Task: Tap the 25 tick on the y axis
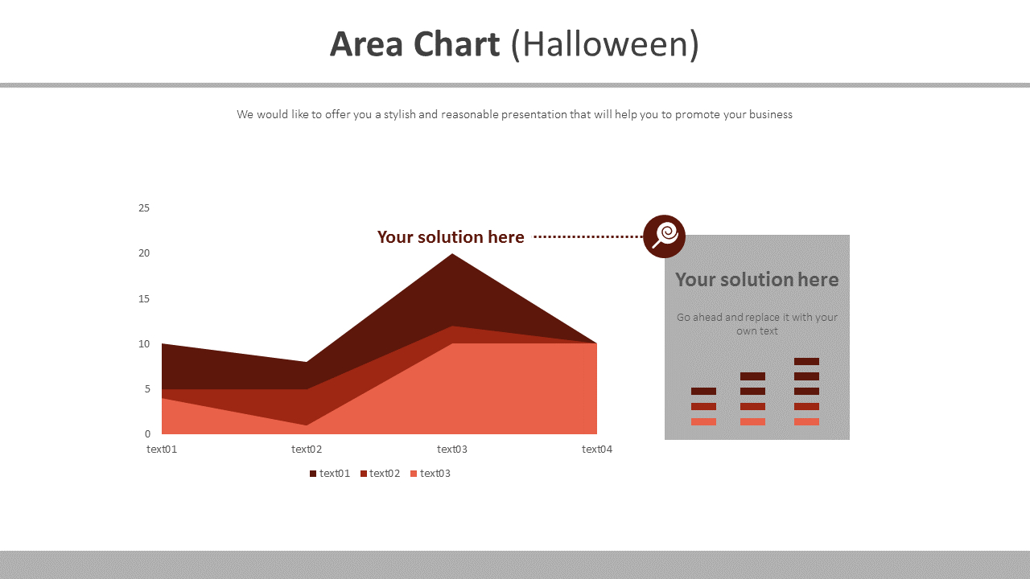[x=144, y=207]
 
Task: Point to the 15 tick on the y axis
[x=144, y=298]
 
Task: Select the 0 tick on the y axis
[x=147, y=434]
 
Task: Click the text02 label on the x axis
[x=307, y=449]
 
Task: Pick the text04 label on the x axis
[x=597, y=449]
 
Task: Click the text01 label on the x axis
[x=162, y=449]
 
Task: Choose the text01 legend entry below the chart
[x=334, y=473]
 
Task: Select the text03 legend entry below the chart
[x=435, y=473]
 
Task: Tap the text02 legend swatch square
[x=364, y=474]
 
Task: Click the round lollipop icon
[x=664, y=236]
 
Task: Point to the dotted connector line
[x=587, y=236]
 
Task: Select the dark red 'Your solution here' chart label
[x=451, y=236]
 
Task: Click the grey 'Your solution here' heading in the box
[x=756, y=279]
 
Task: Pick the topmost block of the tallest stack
[x=806, y=361]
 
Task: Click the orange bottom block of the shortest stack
[x=703, y=421]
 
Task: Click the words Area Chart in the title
[x=414, y=44]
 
